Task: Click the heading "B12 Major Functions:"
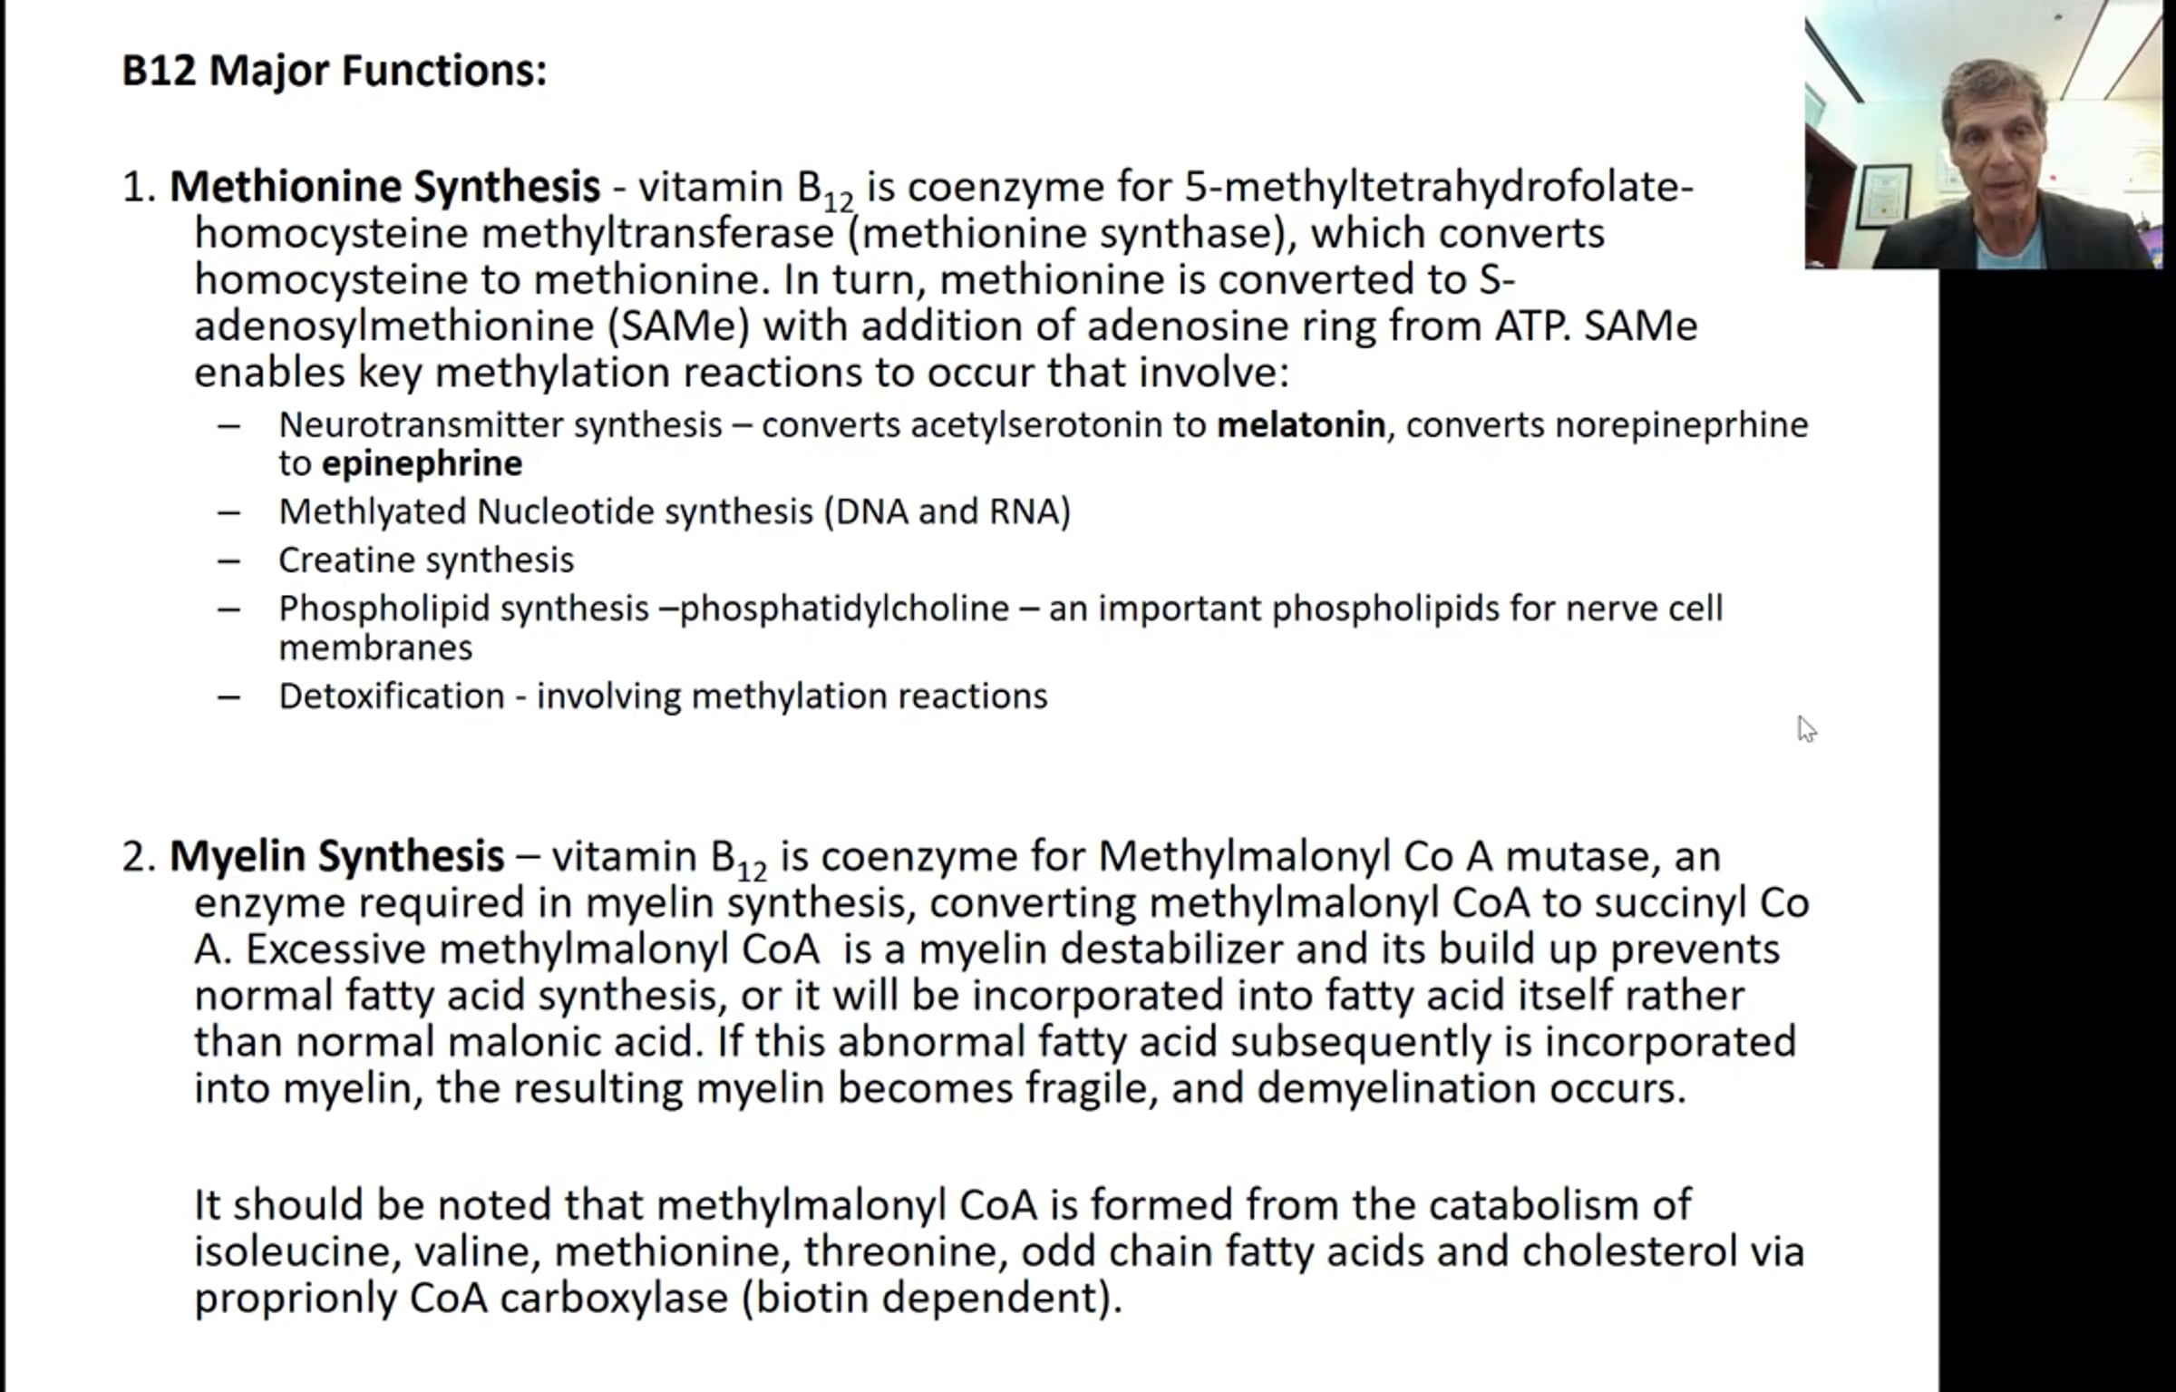pos(334,70)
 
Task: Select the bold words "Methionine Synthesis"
pos(384,187)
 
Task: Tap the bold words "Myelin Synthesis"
pos(336,856)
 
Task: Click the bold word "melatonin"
pos(1300,425)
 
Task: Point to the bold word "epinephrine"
pos(422,463)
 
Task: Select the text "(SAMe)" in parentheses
pos(678,326)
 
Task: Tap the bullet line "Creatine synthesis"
pos(425,560)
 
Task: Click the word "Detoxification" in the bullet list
pos(391,696)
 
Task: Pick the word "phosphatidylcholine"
pos(844,608)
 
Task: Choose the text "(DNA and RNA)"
pos(947,511)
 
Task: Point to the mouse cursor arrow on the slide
pos(1805,728)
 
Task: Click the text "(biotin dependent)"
pos(931,1298)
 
